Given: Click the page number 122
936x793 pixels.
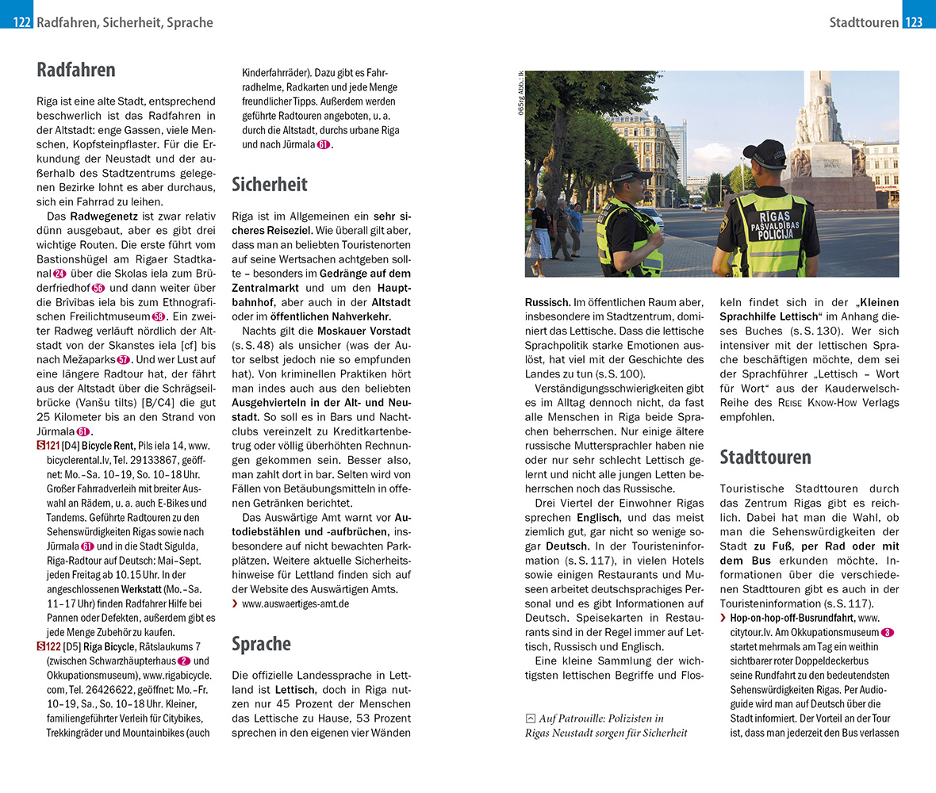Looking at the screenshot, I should point(21,22).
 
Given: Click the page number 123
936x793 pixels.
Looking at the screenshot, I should point(914,22).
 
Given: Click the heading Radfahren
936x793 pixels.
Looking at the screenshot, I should point(76,70).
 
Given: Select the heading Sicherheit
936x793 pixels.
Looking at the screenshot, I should point(270,185).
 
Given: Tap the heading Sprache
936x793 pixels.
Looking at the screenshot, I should point(261,644).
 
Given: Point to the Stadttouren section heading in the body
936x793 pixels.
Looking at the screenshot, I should point(765,457).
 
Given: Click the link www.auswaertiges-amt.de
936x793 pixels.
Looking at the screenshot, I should point(295,603).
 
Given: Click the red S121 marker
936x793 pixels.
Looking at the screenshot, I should point(48,446).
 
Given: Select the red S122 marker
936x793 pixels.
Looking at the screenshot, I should point(48,646).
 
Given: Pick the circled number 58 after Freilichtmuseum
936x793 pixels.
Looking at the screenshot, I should point(159,317).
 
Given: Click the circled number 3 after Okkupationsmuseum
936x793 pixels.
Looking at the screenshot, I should point(888,632).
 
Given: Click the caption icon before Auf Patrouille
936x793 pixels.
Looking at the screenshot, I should point(530,718).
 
